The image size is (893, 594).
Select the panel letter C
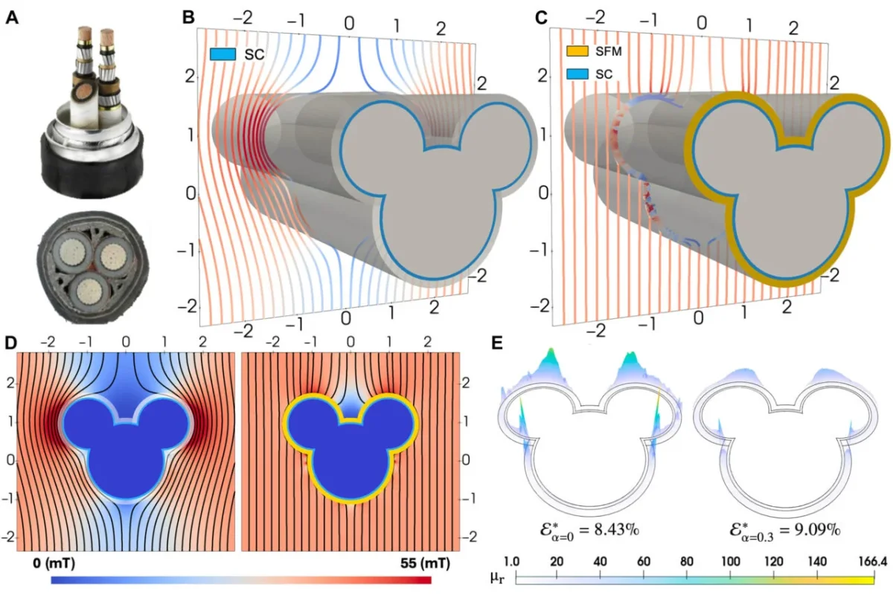click(543, 16)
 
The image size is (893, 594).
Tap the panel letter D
click(11, 344)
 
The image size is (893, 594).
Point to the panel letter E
click(499, 344)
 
